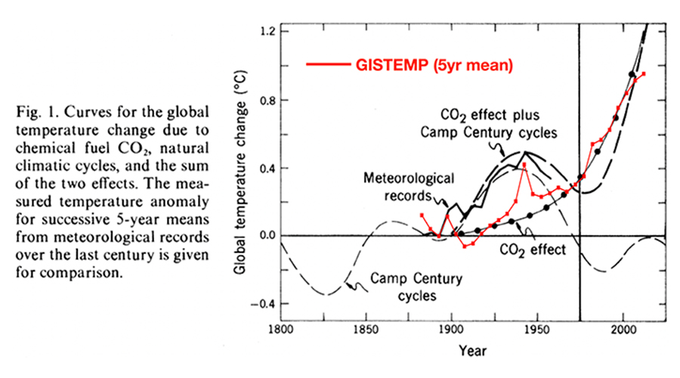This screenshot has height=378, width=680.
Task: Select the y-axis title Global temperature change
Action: (244, 170)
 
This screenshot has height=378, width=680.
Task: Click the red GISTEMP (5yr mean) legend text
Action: (434, 66)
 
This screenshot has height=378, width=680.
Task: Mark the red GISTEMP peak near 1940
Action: (524, 164)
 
